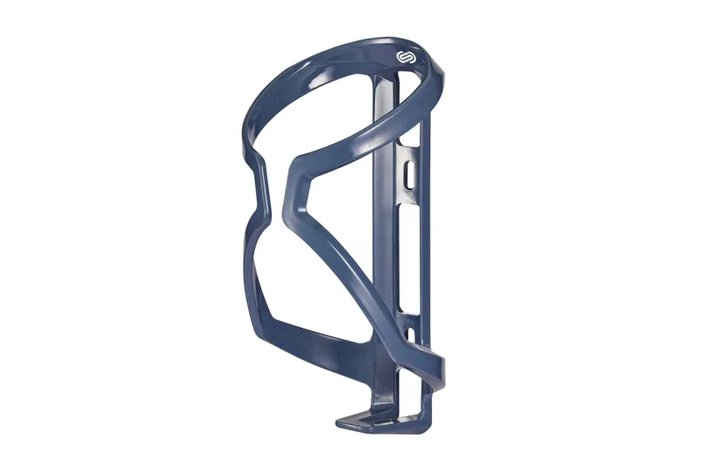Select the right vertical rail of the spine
click(426, 263)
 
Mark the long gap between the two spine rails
click(406, 263)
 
